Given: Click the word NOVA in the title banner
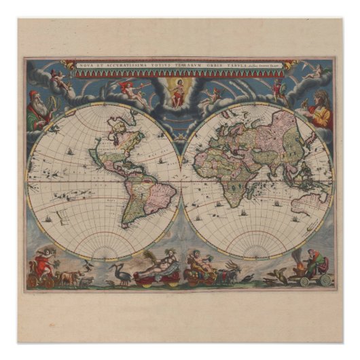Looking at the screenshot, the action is click(x=87, y=65).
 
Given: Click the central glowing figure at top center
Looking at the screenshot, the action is click(x=178, y=92).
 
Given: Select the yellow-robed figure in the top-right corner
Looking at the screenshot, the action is click(x=319, y=109).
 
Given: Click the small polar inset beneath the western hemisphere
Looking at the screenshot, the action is click(x=103, y=253).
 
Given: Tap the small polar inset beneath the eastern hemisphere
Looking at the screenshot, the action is click(x=257, y=253).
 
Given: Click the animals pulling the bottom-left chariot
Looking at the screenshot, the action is click(x=68, y=277).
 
